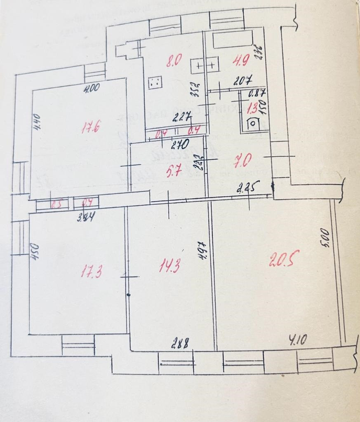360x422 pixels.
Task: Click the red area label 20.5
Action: click(x=282, y=260)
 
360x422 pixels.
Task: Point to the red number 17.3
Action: click(x=91, y=272)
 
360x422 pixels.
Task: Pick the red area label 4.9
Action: click(x=240, y=61)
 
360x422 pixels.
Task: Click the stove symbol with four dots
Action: click(x=155, y=82)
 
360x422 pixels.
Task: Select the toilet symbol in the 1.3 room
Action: click(x=252, y=123)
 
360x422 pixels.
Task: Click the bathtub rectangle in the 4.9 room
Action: click(x=233, y=39)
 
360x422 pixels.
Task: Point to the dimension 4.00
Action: click(x=92, y=87)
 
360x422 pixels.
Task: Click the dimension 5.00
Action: click(x=325, y=237)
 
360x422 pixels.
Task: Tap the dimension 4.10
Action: click(x=298, y=340)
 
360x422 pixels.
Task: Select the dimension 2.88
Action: click(x=180, y=343)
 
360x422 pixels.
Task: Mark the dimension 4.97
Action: click(x=202, y=250)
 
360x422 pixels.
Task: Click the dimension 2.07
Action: click(x=242, y=81)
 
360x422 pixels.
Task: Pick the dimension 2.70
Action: click(x=180, y=145)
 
